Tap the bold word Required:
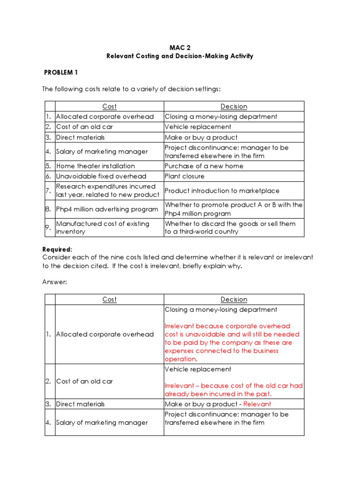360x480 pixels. coord(57,249)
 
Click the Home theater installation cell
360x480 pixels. coord(96,166)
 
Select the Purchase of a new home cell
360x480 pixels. coord(204,166)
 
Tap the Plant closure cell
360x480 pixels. coord(185,176)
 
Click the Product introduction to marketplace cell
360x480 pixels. coord(222,191)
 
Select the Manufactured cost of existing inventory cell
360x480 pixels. coord(103,227)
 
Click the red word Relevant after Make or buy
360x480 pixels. coord(257,404)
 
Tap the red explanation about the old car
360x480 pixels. coord(233,390)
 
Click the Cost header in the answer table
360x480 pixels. coord(109,300)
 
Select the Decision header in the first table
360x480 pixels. coord(234,106)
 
